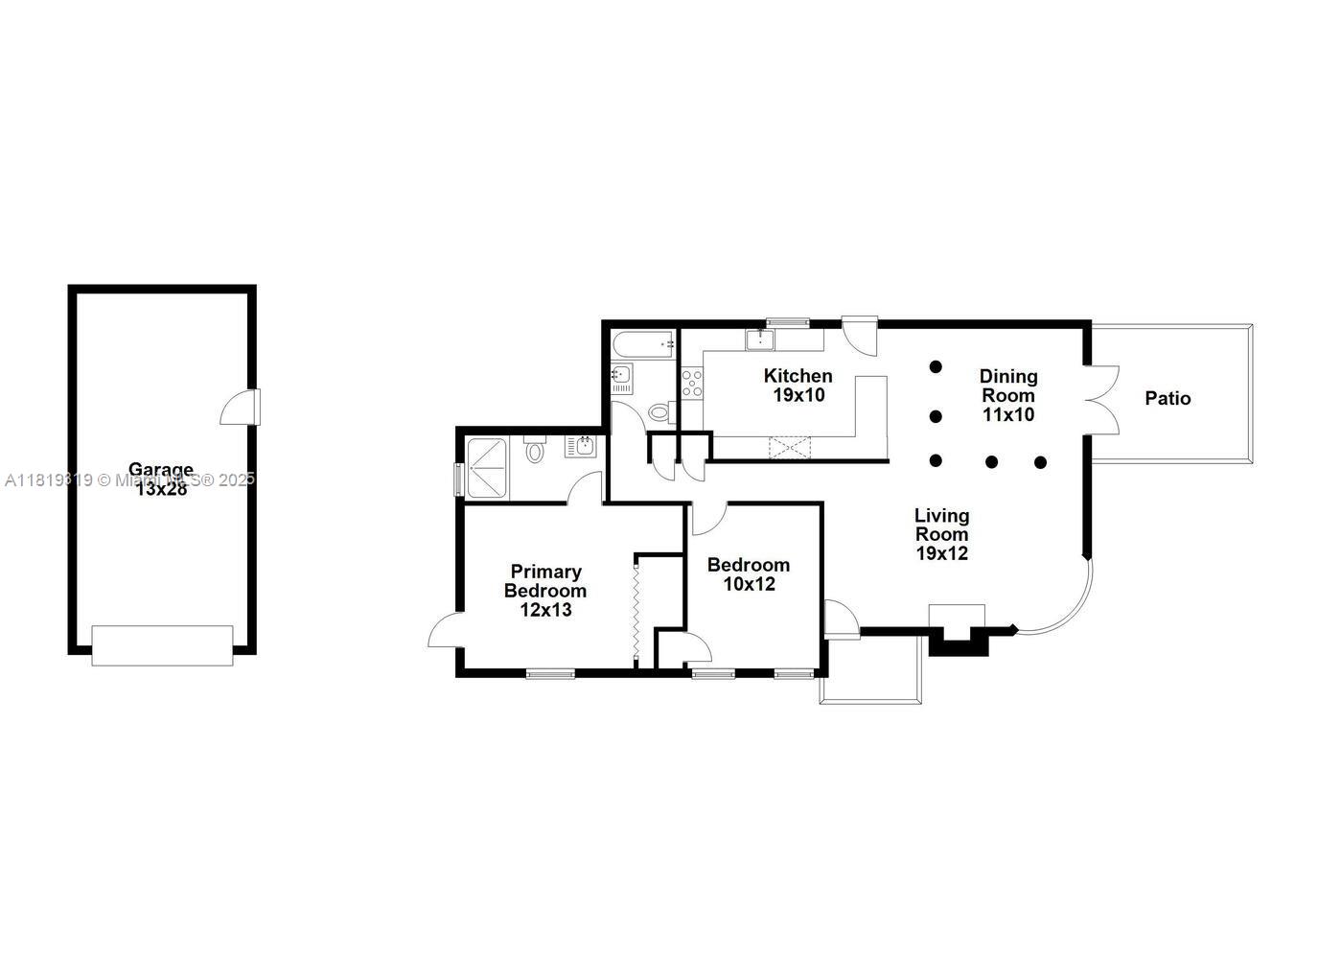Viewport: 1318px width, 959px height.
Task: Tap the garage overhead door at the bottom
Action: pyautogui.click(x=162, y=645)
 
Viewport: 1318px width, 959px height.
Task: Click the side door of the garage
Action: pyautogui.click(x=240, y=407)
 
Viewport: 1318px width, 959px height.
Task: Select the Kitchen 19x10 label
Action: pyautogui.click(x=798, y=385)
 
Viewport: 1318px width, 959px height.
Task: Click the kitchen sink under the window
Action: pyautogui.click(x=760, y=339)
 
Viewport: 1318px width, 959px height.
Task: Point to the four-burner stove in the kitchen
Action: pyautogui.click(x=691, y=383)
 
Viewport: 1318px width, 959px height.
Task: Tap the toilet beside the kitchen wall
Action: pyautogui.click(x=659, y=412)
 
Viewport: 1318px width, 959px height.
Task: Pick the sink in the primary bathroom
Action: pyautogui.click(x=581, y=446)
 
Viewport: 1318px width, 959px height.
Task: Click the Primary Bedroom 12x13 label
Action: pyautogui.click(x=545, y=590)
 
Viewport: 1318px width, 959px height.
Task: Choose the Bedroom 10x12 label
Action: pyautogui.click(x=749, y=573)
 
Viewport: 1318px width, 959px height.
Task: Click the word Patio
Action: pyautogui.click(x=1168, y=398)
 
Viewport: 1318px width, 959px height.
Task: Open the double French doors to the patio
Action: pyautogui.click(x=1102, y=399)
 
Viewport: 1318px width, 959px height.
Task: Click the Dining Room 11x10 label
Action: pyautogui.click(x=1007, y=395)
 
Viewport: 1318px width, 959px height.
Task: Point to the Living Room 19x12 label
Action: pyautogui.click(x=941, y=534)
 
